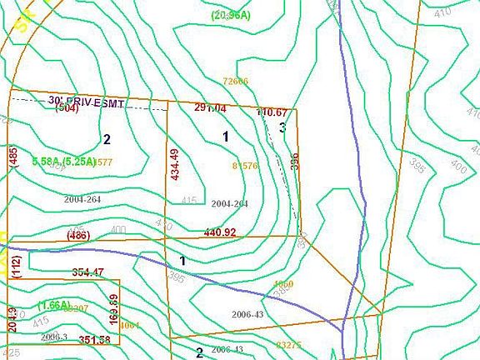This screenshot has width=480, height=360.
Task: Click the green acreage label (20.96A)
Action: click(230, 15)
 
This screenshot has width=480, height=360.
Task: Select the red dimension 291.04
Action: click(210, 108)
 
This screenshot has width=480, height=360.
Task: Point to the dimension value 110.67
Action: click(272, 112)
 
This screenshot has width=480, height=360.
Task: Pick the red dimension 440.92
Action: click(220, 232)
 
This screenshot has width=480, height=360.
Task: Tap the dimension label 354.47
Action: click(87, 272)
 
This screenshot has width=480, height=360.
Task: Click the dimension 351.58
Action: click(94, 339)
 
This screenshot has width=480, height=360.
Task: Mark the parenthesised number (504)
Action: click(67, 109)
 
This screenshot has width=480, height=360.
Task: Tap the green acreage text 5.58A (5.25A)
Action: click(63, 161)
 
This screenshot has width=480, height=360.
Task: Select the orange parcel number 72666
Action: click(236, 81)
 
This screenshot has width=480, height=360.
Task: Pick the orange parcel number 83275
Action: click(288, 345)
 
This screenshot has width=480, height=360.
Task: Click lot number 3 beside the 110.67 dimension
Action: click(282, 127)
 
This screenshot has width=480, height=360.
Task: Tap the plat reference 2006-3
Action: click(53, 336)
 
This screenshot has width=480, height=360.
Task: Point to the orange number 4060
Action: click(283, 285)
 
